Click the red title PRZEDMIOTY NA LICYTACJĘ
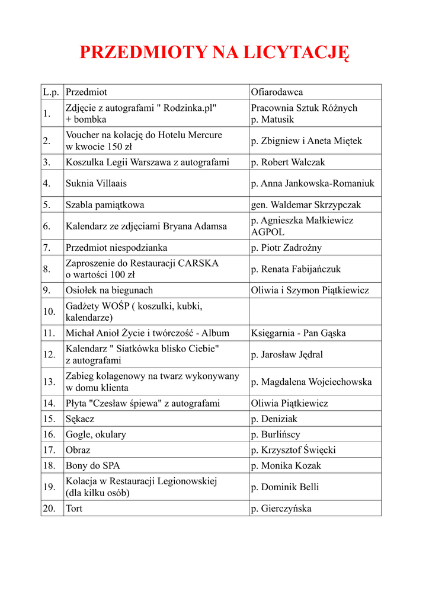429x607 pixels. coord(214,53)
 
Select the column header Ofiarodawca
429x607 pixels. coord(277,92)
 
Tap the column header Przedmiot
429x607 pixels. coord(87,92)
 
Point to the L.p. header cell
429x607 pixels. coord(51,92)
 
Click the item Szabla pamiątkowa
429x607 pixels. coord(105,205)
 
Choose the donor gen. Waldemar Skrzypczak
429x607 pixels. coord(306,205)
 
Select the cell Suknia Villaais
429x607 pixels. coord(96,183)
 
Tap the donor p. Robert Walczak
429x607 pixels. coord(288,162)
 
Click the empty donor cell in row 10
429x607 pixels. coord(315,311)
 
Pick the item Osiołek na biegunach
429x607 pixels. coord(109,290)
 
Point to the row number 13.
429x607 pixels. coord(49,382)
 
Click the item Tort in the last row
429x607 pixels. coord(74,508)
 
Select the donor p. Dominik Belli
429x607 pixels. coord(285,487)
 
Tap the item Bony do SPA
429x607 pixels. coord(92,465)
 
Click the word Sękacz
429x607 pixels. coord(80,418)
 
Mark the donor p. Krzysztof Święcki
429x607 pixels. coord(293,450)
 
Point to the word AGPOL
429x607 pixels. coord(268,232)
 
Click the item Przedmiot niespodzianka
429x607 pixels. coord(116,247)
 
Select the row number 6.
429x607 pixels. coord(47,226)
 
